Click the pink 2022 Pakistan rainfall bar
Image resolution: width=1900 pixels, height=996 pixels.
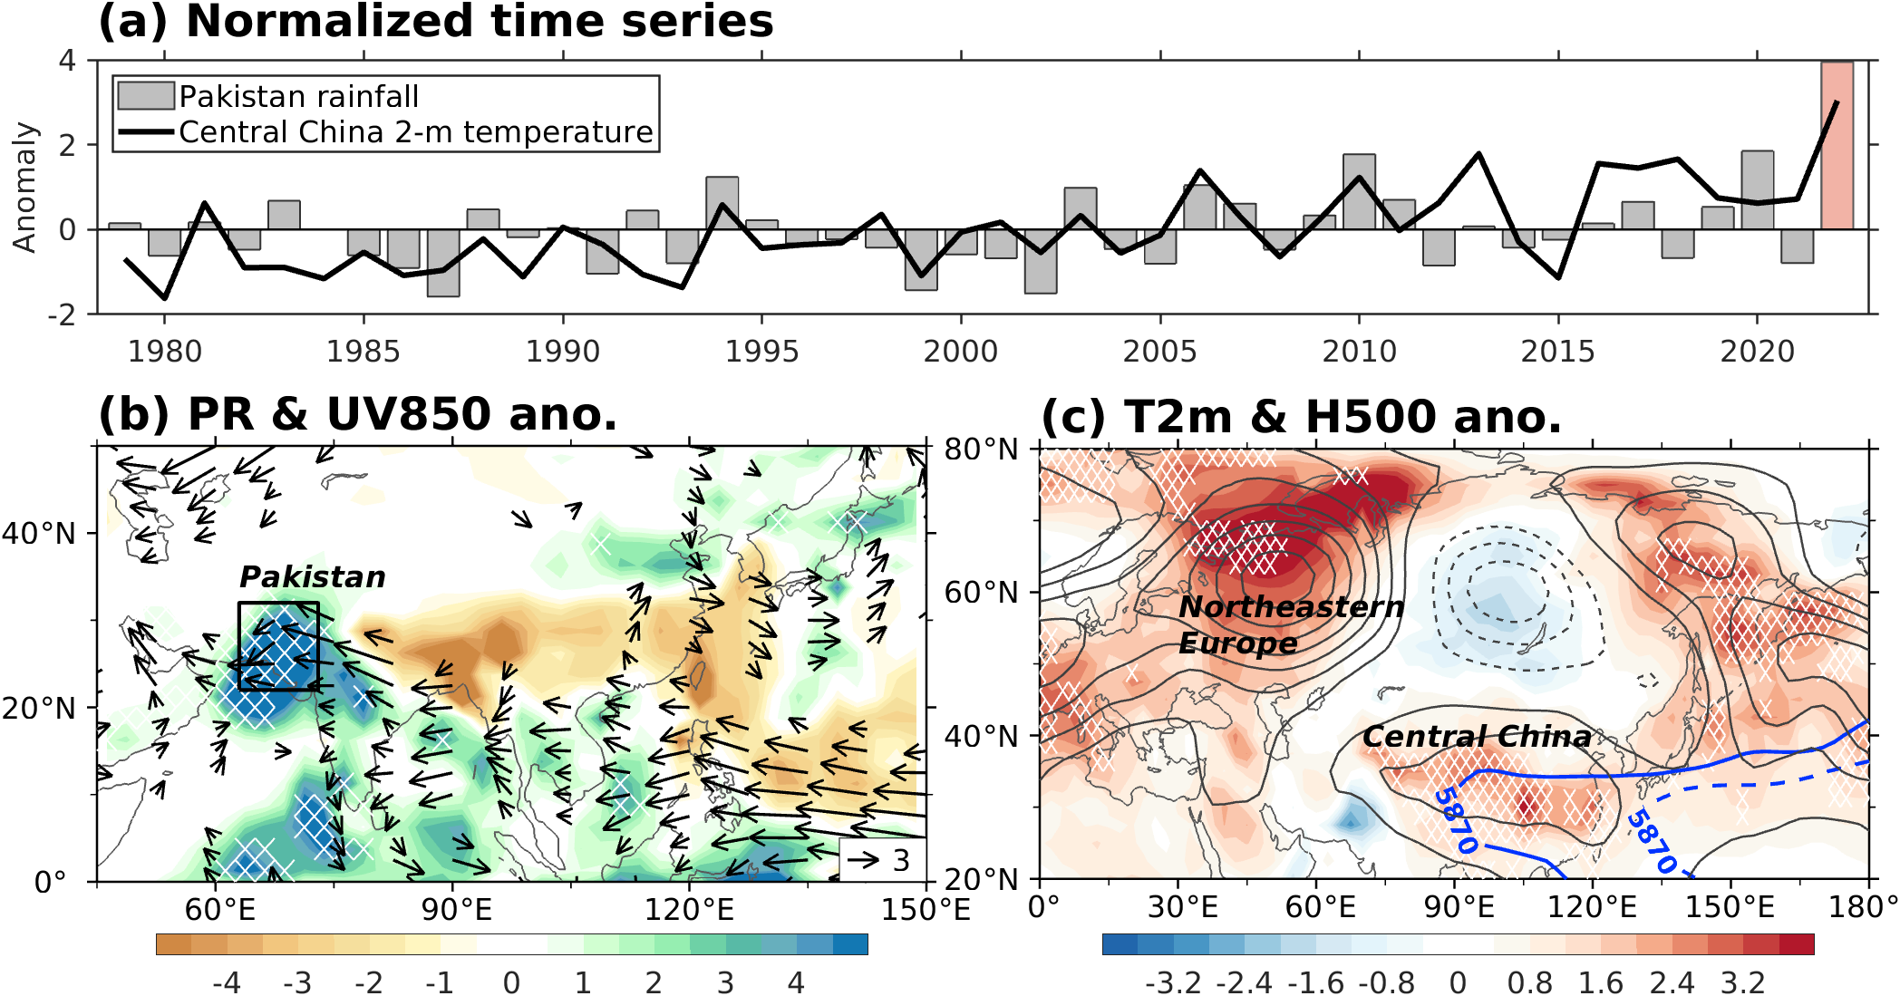click(x=1837, y=145)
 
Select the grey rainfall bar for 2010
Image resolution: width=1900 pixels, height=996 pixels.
click(x=1359, y=192)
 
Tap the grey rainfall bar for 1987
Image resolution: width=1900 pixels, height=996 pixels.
click(x=443, y=263)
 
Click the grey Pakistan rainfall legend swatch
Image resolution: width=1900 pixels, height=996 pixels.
click(x=146, y=95)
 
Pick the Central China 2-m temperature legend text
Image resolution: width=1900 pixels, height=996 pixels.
click(x=415, y=132)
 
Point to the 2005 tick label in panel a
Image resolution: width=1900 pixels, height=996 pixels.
click(x=1159, y=352)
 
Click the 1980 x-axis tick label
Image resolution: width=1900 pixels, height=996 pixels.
click(x=164, y=352)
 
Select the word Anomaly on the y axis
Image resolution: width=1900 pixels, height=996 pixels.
click(x=24, y=187)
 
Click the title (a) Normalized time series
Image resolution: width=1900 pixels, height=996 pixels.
click(x=435, y=22)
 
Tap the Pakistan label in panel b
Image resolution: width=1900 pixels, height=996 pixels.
click(x=312, y=577)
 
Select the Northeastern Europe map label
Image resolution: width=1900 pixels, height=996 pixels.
click(x=1290, y=624)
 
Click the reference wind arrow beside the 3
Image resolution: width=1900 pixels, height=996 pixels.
click(x=863, y=859)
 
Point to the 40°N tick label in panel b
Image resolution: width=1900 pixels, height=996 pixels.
click(x=38, y=534)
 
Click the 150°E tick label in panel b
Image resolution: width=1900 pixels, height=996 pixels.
click(x=925, y=910)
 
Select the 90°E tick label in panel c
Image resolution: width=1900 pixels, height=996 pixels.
click(x=1459, y=907)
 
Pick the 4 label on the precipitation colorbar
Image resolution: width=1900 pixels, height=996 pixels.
click(x=796, y=983)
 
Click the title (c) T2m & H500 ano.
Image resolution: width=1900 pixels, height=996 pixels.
click(x=1301, y=417)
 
